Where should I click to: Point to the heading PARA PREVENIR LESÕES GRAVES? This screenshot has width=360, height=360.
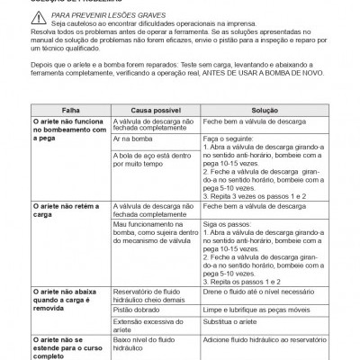point(97,15)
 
